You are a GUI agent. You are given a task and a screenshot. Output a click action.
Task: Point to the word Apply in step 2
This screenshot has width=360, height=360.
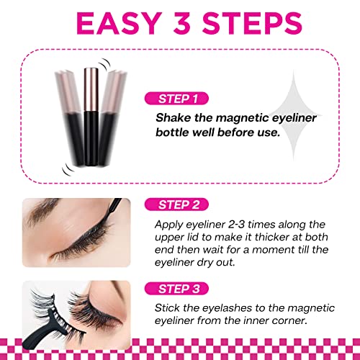(x=170, y=225)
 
